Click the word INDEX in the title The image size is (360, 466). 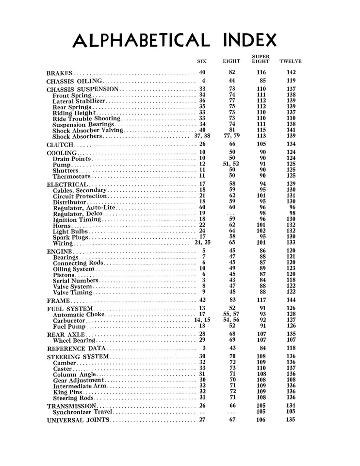click(x=251, y=40)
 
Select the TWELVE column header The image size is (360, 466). click(x=291, y=62)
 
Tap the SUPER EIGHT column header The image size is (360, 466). click(x=261, y=59)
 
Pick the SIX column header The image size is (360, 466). click(x=202, y=62)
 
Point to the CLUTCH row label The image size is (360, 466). click(x=60, y=145)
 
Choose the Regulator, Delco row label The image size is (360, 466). click(x=77, y=213)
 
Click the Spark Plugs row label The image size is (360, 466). click(x=71, y=237)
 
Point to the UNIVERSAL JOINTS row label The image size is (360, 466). click(x=79, y=420)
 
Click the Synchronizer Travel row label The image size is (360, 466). click(x=82, y=412)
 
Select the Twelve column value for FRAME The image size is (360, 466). click(x=291, y=301)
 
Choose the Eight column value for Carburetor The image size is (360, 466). click(x=232, y=320)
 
